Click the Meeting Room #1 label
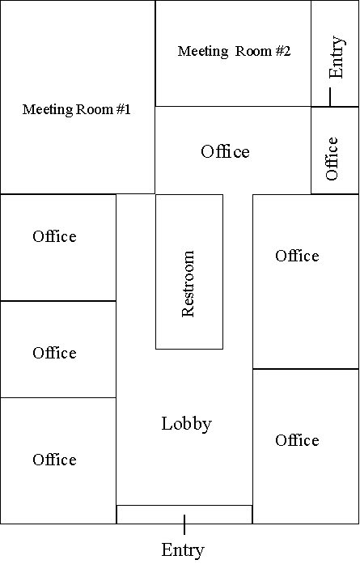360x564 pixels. pos(76,109)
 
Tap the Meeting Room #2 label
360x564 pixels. pos(234,51)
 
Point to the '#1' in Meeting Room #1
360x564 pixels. pos(123,109)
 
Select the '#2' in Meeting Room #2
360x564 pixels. pos(282,51)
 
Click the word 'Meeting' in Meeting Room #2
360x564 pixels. pos(203,52)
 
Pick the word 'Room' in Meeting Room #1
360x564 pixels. pos(94,109)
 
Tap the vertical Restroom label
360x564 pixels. pos(188,284)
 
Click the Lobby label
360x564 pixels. pos(186,424)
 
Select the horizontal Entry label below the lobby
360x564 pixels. pos(183,550)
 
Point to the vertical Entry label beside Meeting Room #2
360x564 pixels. pos(337,57)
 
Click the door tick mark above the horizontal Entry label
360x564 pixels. pos(184,524)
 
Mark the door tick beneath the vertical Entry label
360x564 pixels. pos(329,97)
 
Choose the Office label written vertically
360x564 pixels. pos(332,159)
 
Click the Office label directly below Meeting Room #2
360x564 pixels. pos(225,152)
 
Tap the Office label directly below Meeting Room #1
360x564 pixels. pos(55,236)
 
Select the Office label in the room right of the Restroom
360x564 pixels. pos(297,256)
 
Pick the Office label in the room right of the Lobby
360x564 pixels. pos(297,440)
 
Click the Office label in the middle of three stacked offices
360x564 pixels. pos(55,353)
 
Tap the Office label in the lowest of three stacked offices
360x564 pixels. pos(55,460)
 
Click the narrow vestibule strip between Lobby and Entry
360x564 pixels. pos(184,515)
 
